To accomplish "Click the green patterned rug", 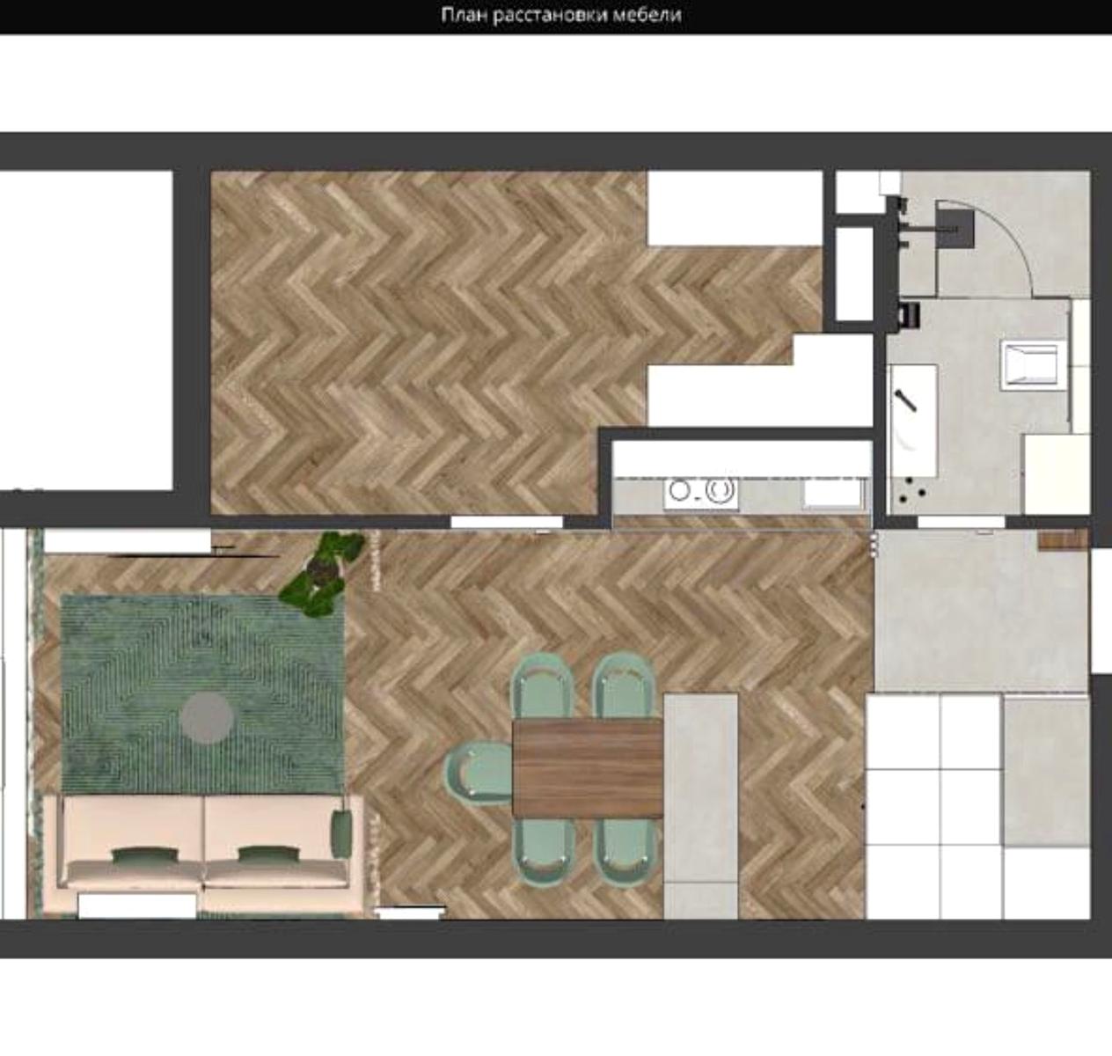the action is pyautogui.click(x=202, y=693).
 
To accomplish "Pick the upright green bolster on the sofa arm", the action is pyautogui.click(x=341, y=833).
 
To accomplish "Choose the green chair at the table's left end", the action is pyautogui.click(x=479, y=773).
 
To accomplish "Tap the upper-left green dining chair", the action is pyautogui.click(x=542, y=686).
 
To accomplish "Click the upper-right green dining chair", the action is pyautogui.click(x=625, y=686).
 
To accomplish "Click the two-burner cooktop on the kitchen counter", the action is pyautogui.click(x=701, y=490).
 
